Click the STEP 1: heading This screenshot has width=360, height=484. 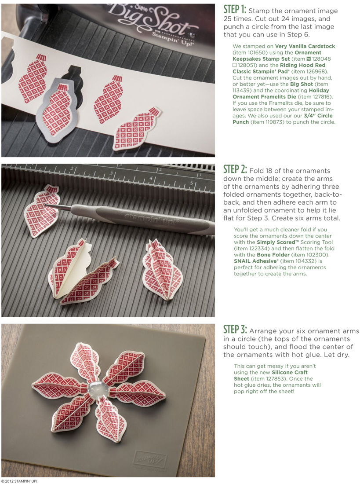click(x=237, y=10)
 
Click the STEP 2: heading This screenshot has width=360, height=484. click(x=237, y=170)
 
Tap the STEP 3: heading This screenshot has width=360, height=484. click(x=237, y=330)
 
